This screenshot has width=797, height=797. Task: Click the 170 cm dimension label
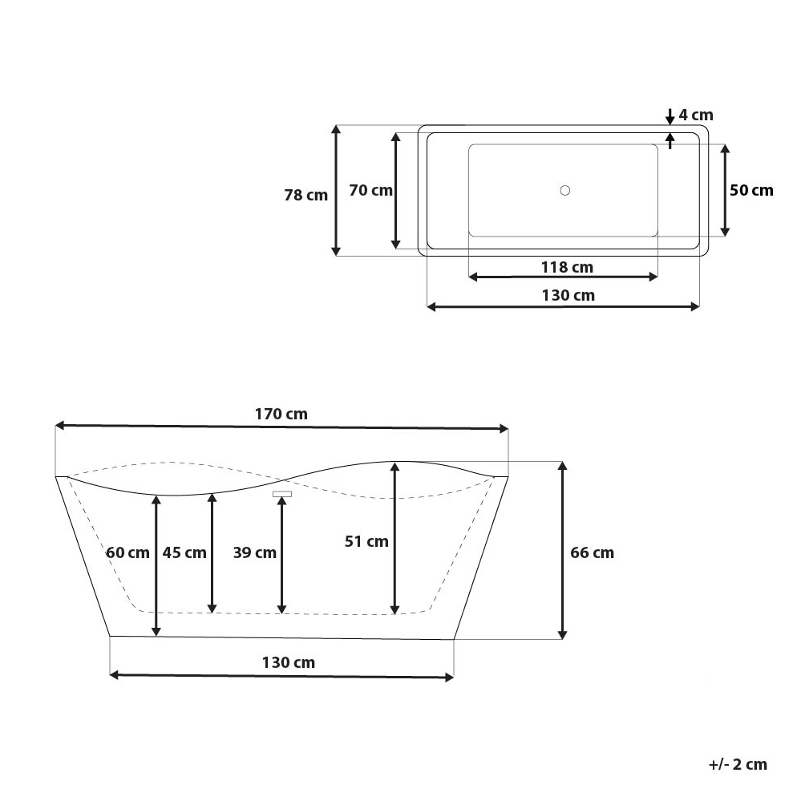(281, 415)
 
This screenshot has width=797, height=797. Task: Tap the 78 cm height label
(305, 195)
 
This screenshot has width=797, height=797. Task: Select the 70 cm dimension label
(370, 190)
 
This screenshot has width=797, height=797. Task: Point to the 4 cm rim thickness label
(695, 115)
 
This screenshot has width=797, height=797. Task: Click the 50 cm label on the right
(751, 190)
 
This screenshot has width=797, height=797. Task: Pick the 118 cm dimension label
(566, 266)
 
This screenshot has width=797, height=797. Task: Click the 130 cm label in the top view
(568, 295)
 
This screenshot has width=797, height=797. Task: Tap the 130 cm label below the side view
(288, 662)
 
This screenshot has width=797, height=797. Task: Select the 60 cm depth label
(127, 552)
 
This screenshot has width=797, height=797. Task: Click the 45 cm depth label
(184, 552)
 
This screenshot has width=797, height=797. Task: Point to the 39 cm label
(255, 552)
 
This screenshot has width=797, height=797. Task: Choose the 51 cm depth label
(366, 541)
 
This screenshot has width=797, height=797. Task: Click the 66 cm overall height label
(592, 552)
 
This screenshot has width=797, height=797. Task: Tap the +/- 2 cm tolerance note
(738, 764)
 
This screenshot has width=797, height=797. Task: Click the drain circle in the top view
(565, 190)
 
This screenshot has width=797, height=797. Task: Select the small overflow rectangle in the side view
(281, 493)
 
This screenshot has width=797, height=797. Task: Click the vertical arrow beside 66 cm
(563, 551)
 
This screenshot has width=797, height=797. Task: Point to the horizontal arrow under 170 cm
(281, 427)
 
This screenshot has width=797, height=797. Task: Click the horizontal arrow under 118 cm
(563, 277)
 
